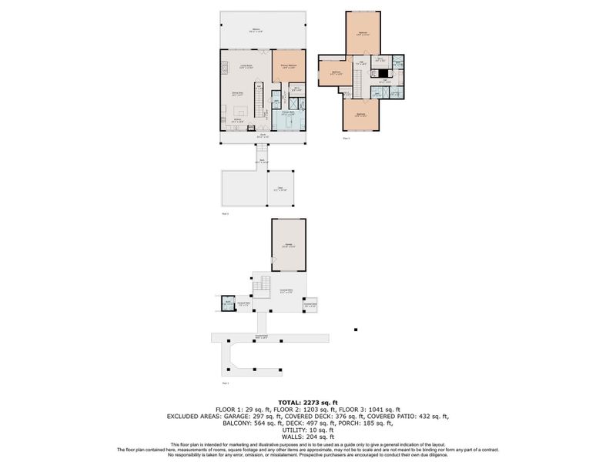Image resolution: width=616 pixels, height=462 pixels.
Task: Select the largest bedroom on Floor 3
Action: pyautogui.click(x=361, y=34)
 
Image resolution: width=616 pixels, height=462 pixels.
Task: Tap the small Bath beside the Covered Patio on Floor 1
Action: pyautogui.click(x=228, y=304)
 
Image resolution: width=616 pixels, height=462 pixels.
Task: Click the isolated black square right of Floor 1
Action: pyautogui.click(x=356, y=330)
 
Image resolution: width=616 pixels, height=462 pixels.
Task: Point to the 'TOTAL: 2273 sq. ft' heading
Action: pyautogui.click(x=308, y=401)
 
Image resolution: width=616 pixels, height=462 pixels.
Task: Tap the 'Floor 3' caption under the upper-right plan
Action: pyautogui.click(x=346, y=138)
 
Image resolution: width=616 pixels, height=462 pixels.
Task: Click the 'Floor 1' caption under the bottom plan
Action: pyautogui.click(x=226, y=382)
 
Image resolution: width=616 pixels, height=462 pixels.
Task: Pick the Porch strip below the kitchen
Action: pyautogui.click(x=263, y=138)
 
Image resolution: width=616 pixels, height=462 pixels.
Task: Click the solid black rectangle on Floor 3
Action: pyautogui.click(x=382, y=73)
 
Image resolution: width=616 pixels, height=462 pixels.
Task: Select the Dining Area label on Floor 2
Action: pyautogui.click(x=239, y=95)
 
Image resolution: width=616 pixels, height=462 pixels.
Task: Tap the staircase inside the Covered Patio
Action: pyautogui.click(x=262, y=285)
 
